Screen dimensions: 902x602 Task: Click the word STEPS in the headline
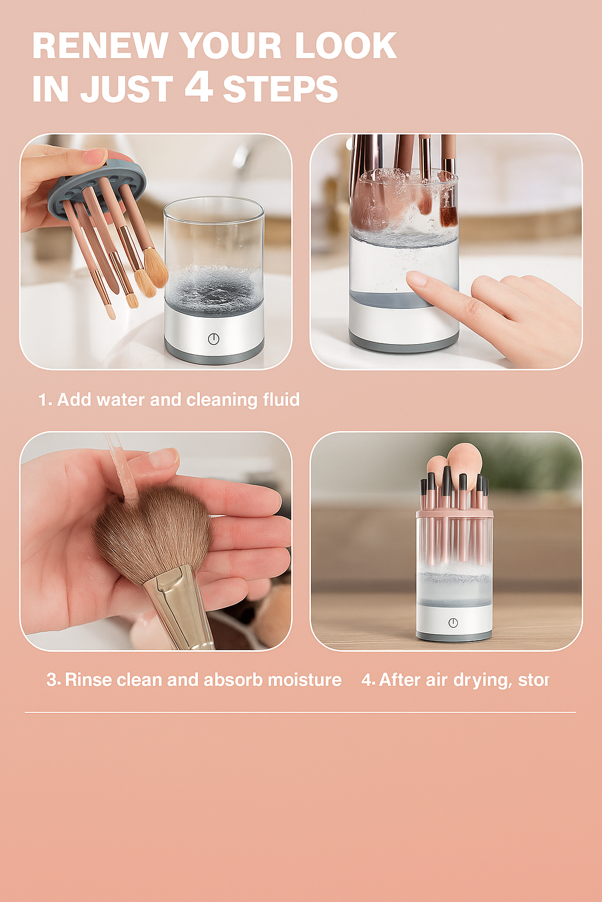point(280,89)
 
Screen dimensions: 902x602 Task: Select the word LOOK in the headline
point(346,46)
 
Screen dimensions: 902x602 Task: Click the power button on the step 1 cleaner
point(213,339)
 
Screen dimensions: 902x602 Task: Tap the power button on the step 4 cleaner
point(453,622)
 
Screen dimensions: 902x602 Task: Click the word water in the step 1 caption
point(121,400)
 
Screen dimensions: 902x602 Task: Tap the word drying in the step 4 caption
point(482,681)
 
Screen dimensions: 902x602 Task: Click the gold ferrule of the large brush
point(176,605)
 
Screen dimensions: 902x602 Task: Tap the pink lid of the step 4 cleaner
point(454,515)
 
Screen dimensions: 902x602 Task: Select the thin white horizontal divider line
point(300,712)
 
